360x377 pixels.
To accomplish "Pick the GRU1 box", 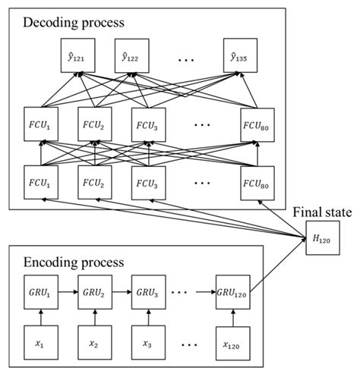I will (x=40, y=292).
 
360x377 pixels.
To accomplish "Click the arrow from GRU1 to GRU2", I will (x=66, y=292).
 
